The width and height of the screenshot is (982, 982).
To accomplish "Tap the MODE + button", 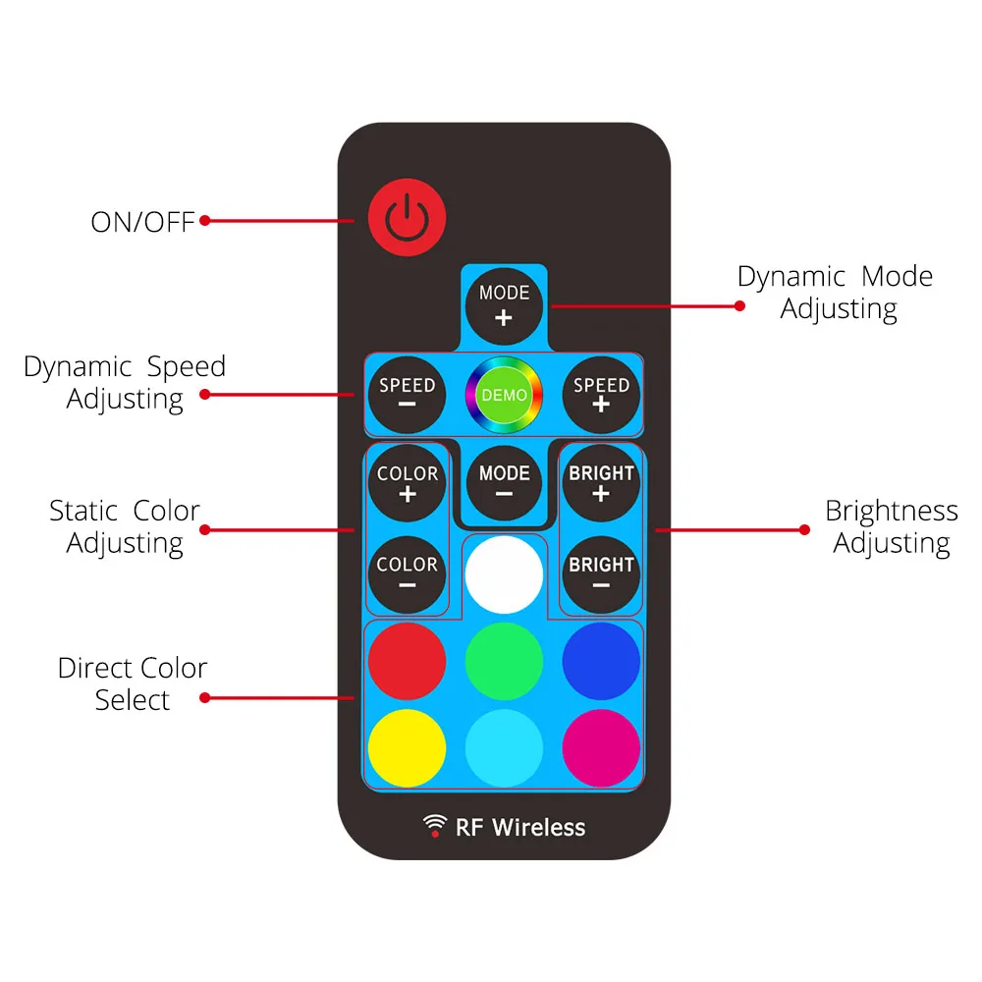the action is point(504,304).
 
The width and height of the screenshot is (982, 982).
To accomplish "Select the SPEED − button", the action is point(407,395).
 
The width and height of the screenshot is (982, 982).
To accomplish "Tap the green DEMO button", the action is point(504,396).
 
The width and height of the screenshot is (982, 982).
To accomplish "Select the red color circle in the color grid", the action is point(407,660).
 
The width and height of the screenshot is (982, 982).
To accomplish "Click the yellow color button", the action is point(407,748).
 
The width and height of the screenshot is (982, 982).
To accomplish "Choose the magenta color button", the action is point(601,748).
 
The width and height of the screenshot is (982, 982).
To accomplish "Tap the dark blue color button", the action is point(601,660).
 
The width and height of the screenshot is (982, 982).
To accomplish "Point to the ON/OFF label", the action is point(143,222).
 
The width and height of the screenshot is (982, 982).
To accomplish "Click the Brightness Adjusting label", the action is point(891,527).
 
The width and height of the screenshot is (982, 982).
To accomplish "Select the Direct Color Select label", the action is point(133,684).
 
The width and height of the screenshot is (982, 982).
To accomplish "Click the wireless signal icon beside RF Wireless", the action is point(434,826).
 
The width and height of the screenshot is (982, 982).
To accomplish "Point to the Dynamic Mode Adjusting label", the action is point(836,293).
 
